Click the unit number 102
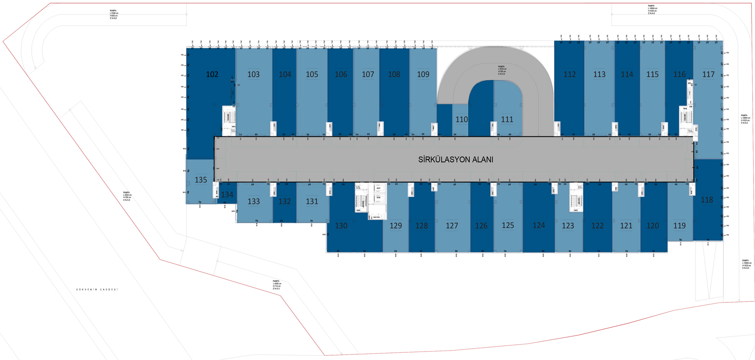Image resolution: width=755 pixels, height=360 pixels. coord(212,75)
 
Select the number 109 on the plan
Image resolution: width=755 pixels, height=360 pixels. coord(423,75)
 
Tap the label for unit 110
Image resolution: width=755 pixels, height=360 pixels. coord(461,120)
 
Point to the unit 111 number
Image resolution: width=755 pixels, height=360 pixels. coord(507,120)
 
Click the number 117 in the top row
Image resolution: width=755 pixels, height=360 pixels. coord(708,75)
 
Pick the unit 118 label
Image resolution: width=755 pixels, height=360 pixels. coord(707,200)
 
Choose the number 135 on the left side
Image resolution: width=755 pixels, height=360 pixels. coord(201,180)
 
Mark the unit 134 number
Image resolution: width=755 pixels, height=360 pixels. coord(227,194)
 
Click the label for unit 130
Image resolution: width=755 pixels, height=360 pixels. coord(341,226)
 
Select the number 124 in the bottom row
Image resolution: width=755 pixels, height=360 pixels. coord(539,226)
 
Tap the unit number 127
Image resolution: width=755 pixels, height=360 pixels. coord(452,226)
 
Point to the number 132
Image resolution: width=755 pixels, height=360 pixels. coord(285,201)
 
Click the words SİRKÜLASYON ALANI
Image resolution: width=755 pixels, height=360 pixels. coord(455,160)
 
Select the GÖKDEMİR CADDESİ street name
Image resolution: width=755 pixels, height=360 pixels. coord(97,289)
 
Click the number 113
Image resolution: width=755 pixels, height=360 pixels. coord(599,75)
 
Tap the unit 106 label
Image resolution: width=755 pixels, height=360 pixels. coord(341,75)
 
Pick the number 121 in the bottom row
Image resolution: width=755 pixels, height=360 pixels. coord(626,226)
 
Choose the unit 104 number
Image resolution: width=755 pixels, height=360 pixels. coord(285,75)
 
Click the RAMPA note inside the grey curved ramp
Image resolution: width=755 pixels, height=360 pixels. coord(502,70)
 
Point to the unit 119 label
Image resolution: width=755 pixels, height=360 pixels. coord(679,226)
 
